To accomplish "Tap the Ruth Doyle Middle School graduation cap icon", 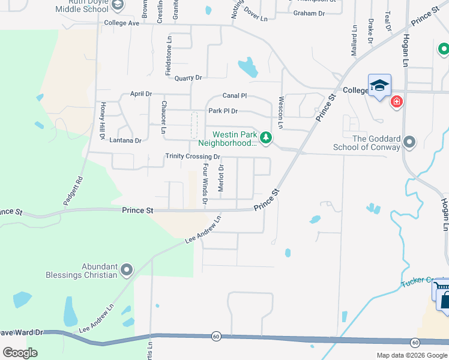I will tap(118, 5).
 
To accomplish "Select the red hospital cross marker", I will tap(396, 102).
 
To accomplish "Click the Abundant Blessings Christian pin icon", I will tap(127, 271).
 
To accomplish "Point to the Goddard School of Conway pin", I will tap(409, 142).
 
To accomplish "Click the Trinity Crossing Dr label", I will tap(193, 157).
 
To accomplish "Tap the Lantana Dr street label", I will tap(125, 140).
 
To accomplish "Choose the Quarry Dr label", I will tap(188, 78).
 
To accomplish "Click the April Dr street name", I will tap(141, 94).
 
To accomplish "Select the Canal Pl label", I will tap(235, 95).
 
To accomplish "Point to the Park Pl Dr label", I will tap(223, 111).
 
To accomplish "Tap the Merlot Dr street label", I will tap(221, 178).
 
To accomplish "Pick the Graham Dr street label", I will tap(309, 13).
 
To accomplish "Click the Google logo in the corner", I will tap(20, 352).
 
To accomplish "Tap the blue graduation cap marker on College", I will tap(379, 86).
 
